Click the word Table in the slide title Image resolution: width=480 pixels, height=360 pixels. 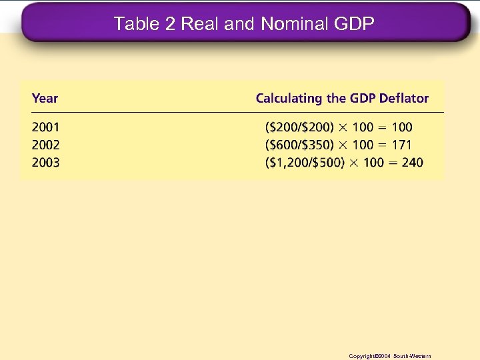point(136,24)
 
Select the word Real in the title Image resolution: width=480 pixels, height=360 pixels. point(200,24)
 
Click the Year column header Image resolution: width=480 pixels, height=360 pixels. point(45,99)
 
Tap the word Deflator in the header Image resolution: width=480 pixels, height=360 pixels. point(404,99)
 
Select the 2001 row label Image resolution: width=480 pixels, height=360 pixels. point(45,127)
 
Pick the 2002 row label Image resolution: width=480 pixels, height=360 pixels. point(45,145)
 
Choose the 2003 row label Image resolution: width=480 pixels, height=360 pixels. point(45,162)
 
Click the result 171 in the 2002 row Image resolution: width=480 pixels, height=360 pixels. point(401,145)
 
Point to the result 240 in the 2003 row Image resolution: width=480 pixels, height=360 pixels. point(412,162)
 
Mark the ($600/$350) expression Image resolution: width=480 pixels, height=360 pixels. point(299,145)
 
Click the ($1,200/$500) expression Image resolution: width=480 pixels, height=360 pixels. point(305,162)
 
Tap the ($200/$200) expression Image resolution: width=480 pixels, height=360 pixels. point(299,127)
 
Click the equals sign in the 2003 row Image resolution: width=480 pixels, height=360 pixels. point(391,162)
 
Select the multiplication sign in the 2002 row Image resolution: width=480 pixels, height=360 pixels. point(341,145)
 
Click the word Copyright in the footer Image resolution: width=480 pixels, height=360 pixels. point(363,357)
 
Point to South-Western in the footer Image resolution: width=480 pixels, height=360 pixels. point(413,357)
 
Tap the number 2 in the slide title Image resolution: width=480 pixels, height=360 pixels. point(170,24)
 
